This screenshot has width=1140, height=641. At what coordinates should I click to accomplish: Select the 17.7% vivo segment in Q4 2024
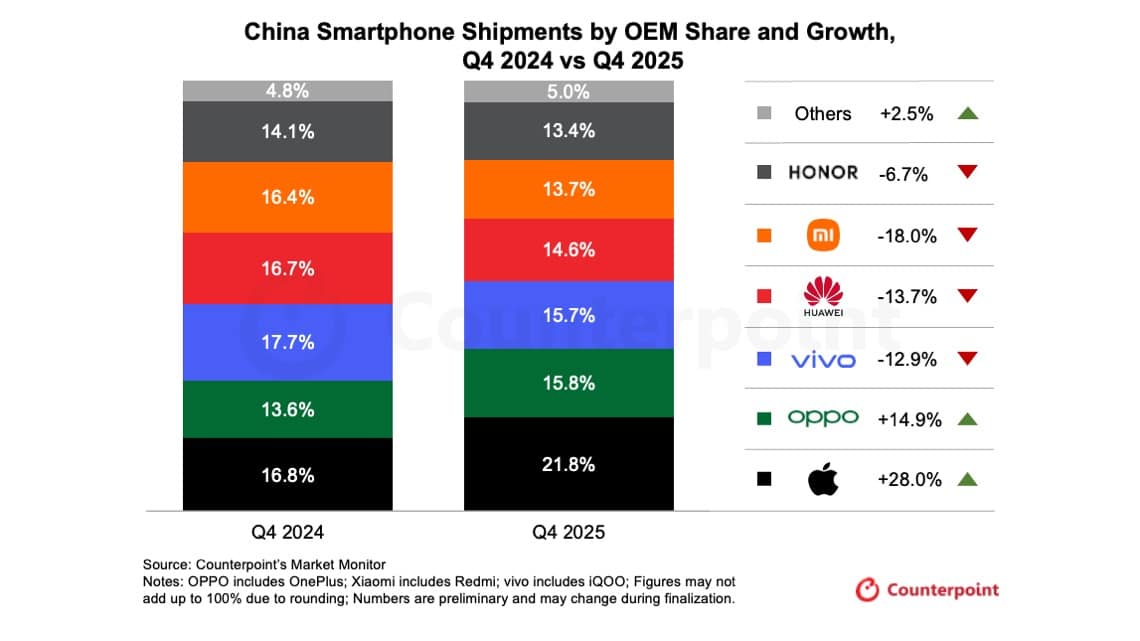(x=289, y=342)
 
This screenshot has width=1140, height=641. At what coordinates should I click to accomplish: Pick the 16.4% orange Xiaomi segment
(x=289, y=197)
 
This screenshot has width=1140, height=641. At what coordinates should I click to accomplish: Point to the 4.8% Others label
(x=289, y=91)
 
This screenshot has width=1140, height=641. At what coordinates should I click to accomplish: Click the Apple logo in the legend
(x=822, y=480)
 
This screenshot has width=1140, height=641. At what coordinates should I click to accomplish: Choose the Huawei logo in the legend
(x=823, y=296)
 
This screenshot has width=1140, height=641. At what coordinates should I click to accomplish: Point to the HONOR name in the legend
(x=822, y=173)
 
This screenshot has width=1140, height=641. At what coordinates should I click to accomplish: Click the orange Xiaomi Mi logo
(x=823, y=235)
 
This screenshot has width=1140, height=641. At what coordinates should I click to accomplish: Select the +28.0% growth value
(x=909, y=480)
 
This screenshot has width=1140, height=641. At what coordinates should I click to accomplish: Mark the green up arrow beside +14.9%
(x=966, y=419)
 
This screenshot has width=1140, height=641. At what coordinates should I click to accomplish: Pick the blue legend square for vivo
(x=764, y=358)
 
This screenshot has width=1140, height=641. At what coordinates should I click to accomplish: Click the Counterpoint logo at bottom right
(x=926, y=590)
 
